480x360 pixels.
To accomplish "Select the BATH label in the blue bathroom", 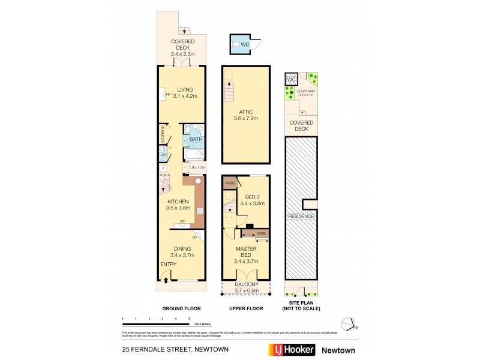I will click(x=196, y=140).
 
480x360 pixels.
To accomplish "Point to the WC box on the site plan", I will click(x=292, y=80).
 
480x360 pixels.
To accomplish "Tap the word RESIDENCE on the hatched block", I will click(x=301, y=215).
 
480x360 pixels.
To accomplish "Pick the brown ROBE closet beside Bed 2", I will click(x=229, y=183).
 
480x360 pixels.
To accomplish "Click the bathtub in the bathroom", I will click(x=194, y=154).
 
